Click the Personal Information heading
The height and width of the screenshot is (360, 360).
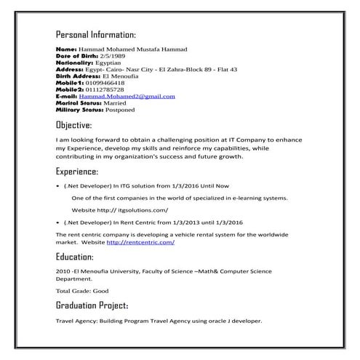(x=95, y=35)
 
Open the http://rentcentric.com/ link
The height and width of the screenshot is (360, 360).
(x=140, y=242)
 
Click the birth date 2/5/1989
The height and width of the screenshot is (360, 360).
(x=103, y=56)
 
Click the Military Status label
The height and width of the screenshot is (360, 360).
(x=79, y=110)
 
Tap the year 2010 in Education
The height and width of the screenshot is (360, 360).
(x=62, y=270)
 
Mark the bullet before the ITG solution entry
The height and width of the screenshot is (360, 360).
(x=57, y=186)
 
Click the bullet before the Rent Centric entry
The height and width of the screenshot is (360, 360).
(x=57, y=222)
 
